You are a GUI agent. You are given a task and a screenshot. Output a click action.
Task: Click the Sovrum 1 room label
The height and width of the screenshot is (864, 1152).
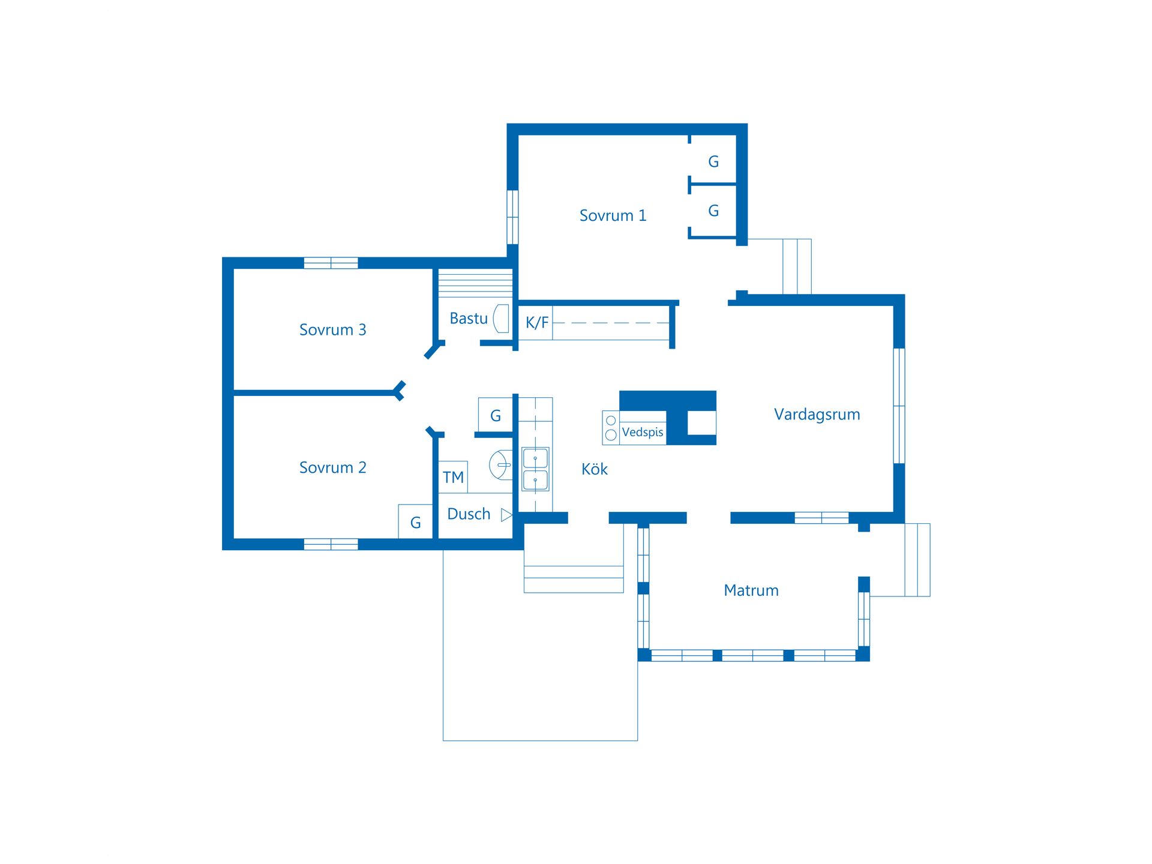point(613,215)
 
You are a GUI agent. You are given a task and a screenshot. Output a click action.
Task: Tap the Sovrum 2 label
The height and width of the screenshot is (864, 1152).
point(332,467)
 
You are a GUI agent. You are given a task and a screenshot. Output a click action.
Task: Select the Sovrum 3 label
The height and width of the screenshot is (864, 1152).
point(332,329)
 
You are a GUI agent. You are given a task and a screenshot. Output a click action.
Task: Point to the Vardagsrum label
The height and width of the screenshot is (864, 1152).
point(817,415)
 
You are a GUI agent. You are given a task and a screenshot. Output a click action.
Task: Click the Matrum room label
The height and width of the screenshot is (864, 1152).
point(751,590)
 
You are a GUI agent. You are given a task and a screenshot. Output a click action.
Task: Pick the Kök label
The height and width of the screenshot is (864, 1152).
point(595,469)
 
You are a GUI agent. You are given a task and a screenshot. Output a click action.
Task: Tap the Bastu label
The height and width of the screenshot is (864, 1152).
point(469,318)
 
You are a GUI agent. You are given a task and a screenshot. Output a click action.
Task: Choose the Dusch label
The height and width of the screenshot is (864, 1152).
point(469,514)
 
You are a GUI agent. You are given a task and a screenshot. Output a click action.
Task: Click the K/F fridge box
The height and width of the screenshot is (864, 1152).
point(535,323)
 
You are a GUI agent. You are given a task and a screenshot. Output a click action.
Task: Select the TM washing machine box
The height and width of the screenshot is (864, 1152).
point(453,477)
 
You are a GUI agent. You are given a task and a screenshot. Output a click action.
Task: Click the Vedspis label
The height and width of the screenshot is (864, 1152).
point(643,432)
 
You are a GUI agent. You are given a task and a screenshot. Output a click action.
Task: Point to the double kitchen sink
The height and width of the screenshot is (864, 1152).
point(535,469)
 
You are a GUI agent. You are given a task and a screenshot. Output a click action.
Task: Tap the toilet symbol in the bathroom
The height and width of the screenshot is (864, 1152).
point(501,465)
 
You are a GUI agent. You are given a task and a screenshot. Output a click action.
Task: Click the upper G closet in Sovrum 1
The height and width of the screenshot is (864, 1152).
point(713,161)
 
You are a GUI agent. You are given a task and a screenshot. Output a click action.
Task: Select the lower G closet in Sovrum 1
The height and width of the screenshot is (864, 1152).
point(713,211)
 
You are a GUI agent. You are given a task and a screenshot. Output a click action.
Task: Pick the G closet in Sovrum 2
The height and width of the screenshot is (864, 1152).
point(415,522)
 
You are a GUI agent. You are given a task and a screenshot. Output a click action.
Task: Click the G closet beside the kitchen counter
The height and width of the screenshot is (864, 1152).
point(495,415)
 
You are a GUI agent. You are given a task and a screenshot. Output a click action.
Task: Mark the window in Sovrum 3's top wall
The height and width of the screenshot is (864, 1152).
point(331,263)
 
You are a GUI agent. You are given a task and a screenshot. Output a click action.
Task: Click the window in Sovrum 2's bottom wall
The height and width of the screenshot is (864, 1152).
point(331,544)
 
